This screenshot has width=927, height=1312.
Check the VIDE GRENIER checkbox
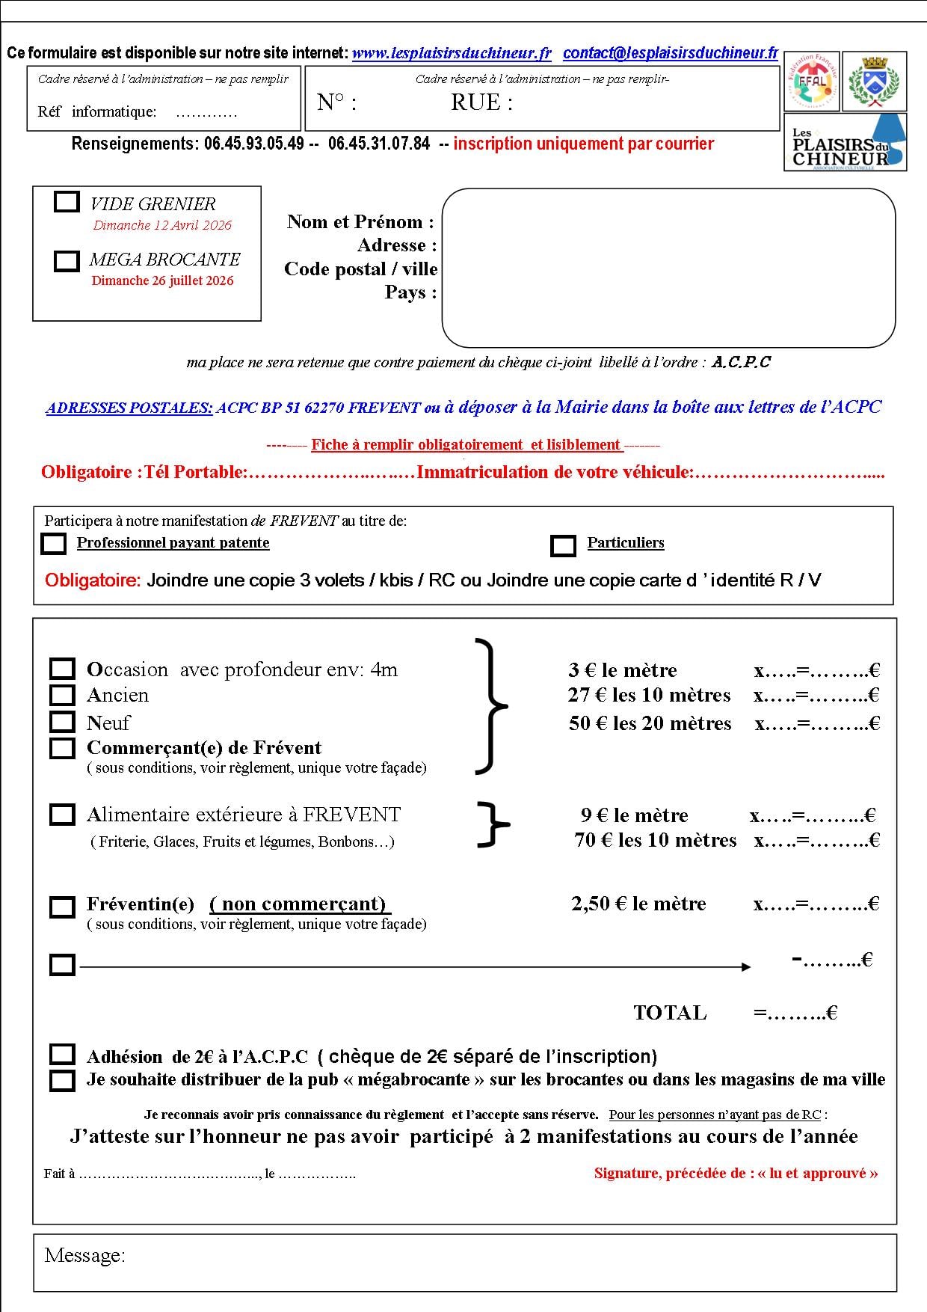tap(67, 202)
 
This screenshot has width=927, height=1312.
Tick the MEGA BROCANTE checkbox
tap(67, 260)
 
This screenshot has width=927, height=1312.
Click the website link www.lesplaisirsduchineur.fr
tap(452, 53)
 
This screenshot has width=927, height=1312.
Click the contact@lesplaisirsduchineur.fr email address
tap(670, 53)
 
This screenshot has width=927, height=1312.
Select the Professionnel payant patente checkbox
tap(53, 544)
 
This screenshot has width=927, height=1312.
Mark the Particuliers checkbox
tap(563, 545)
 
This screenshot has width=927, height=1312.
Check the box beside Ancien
tap(62, 695)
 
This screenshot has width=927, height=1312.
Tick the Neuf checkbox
tap(62, 722)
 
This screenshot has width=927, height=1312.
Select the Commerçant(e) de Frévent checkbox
tap(62, 747)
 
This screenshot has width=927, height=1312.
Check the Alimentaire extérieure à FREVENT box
tap(62, 814)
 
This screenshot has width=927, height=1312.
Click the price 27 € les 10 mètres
tap(649, 695)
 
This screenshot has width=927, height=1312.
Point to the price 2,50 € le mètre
tap(638, 904)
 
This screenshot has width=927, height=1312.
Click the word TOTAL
tap(670, 1013)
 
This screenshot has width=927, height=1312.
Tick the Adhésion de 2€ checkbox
tap(62, 1055)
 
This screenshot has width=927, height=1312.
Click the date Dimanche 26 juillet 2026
tap(162, 281)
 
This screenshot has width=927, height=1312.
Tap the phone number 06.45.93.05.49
tap(254, 144)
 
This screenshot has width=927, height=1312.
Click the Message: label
tap(84, 1255)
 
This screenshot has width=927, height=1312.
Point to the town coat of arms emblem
tap(875, 81)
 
